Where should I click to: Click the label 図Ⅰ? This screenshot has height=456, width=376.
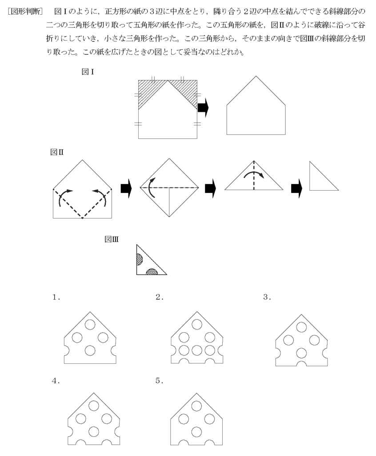87,72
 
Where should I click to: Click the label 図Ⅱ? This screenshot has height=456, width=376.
57,152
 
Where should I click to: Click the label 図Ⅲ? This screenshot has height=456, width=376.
111,240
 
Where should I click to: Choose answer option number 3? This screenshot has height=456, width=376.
267,298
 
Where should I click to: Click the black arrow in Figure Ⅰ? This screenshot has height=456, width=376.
203,108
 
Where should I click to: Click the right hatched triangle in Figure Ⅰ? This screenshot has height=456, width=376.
187,91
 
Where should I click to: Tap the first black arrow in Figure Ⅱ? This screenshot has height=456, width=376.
126,189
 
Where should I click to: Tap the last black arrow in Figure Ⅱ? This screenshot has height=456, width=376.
296,189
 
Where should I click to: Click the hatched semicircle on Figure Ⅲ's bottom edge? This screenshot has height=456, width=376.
152,272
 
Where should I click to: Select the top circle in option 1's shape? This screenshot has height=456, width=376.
90,324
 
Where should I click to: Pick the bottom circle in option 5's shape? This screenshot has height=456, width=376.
196,432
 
